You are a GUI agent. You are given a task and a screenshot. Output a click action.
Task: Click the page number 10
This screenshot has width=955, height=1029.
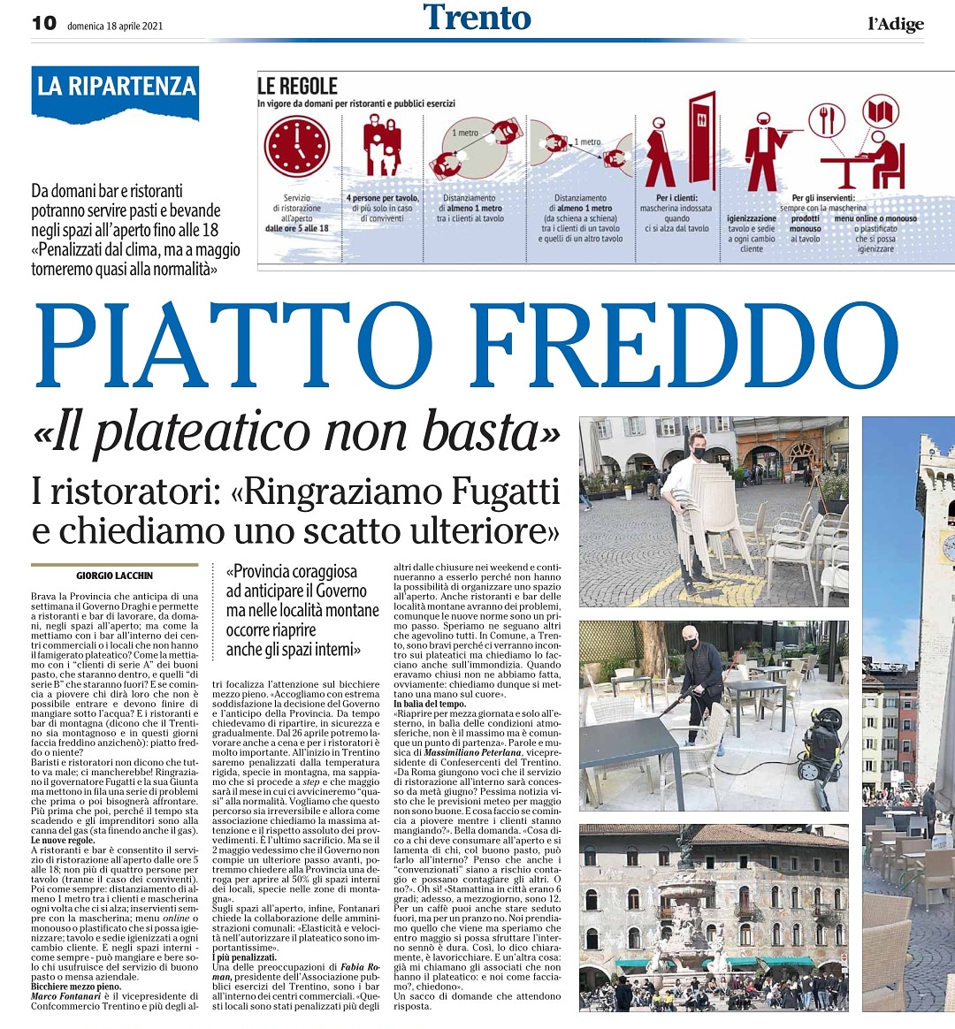coord(43,23)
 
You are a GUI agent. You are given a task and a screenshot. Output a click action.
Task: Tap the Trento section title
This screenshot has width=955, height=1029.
coord(477,18)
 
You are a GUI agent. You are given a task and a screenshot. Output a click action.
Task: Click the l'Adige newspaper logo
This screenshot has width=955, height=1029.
coord(895,24)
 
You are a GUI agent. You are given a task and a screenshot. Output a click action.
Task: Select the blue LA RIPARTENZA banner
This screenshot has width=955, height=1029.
coord(115,88)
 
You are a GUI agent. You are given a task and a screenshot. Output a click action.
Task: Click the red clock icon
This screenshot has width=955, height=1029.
coord(297,145)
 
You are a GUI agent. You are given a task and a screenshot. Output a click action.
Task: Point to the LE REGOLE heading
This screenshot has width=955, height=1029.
coord(298,86)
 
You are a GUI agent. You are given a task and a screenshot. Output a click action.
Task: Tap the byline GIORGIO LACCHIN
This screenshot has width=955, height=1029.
coord(115,575)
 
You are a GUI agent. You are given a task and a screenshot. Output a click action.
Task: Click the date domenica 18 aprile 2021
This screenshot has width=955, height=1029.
coord(114,24)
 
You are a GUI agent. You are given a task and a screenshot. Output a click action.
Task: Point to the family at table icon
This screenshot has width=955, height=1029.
coord(383,147)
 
